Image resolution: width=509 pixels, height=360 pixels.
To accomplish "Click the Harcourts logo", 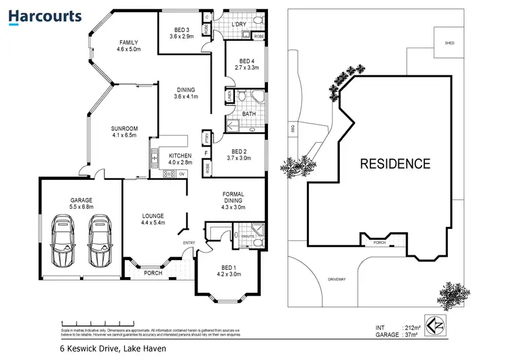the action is pos(46,16).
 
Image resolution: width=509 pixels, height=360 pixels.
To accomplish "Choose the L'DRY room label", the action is pos(238,24).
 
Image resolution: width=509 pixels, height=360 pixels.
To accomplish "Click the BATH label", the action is pos(248,113).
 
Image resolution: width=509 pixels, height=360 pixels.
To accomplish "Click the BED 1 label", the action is pos(228,270).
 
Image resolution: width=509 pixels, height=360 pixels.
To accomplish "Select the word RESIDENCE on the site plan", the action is pos(394,164).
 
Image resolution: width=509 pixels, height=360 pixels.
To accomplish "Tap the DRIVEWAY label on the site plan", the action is pos(337,279).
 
